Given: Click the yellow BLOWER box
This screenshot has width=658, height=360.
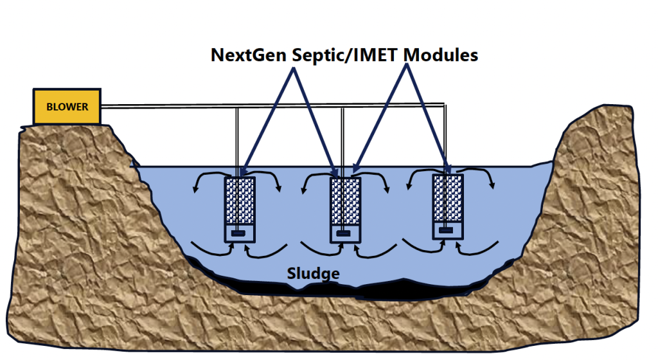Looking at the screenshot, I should point(67,107).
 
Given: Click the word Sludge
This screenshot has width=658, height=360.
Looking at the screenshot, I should point(314,274).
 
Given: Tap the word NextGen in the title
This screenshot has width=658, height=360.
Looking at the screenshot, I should point(249,55).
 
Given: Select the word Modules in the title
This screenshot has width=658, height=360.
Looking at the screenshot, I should point(440,55).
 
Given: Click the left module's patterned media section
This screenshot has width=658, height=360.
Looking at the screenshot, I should point(240,199).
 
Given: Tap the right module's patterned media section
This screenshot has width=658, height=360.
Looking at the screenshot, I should point(449,196).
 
